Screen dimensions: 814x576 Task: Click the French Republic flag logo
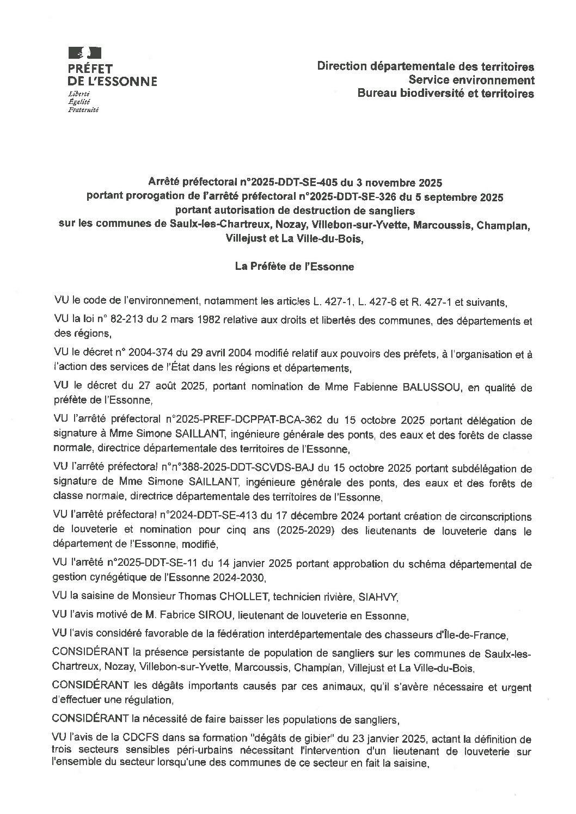tap(84, 53)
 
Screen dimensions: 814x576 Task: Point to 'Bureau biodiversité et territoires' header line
tap(445, 94)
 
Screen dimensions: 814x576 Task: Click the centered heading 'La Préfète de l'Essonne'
tap(294, 267)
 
